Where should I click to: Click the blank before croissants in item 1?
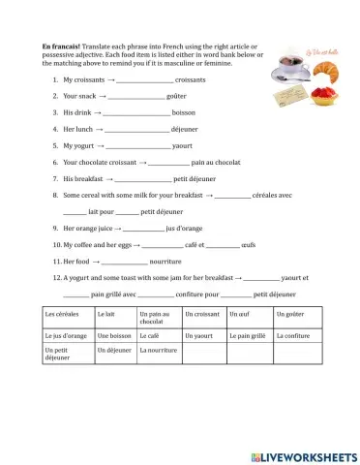tap(145, 80)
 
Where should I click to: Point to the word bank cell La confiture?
tap(292, 335)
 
